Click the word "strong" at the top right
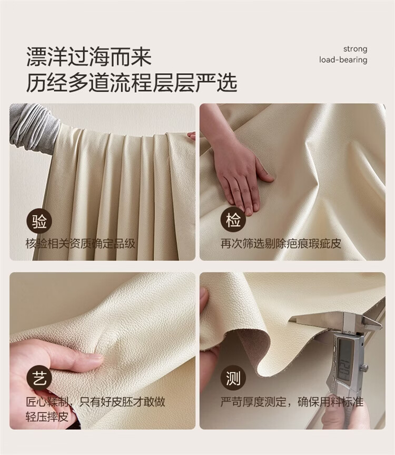355,49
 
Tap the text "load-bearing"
343,60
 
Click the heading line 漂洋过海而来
89,57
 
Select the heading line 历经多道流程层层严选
132,83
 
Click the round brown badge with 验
39,222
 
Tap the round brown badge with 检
234,221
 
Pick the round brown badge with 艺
39,379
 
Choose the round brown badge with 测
233,379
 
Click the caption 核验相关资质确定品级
81,243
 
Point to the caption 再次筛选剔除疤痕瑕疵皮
281,243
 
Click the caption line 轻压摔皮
47,417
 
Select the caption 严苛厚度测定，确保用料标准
292,402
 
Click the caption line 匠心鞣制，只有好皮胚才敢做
95,402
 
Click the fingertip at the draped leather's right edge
192,135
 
